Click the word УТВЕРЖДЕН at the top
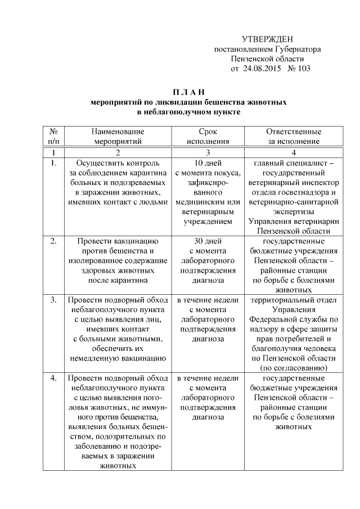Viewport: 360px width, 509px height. tap(267, 39)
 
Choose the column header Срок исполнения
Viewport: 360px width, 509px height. tap(208, 136)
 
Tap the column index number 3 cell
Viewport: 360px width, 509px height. tap(208, 152)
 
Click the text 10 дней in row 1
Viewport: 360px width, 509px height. tap(208, 163)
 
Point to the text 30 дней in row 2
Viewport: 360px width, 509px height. tap(208, 241)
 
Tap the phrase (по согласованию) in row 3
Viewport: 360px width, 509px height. tap(293, 367)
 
